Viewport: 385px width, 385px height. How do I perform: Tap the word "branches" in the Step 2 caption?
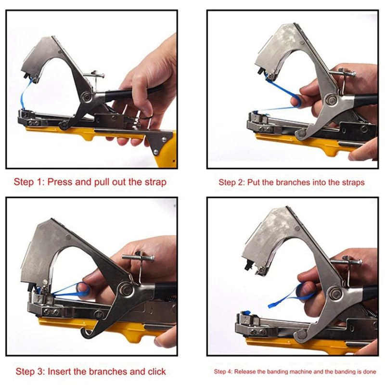[293, 182]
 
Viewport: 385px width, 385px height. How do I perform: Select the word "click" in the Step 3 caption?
[157, 372]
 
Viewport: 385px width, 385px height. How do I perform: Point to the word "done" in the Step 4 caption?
[370, 372]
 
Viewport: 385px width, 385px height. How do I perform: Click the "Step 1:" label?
[29, 182]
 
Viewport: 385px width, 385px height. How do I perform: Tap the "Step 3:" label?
[30, 372]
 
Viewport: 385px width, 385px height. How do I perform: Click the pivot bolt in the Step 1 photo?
[87, 97]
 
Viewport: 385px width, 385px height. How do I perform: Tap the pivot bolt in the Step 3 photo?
[126, 289]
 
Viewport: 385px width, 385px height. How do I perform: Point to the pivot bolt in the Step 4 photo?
[335, 293]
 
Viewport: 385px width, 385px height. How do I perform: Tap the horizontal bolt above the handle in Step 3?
[138, 258]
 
